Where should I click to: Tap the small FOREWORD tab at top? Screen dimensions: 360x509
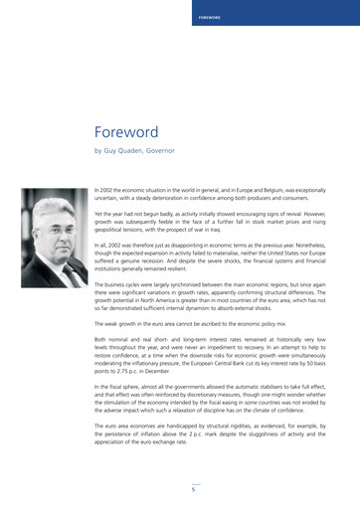click(210, 17)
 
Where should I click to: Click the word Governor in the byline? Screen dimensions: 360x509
click(160, 151)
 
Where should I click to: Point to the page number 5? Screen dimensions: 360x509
click(194, 489)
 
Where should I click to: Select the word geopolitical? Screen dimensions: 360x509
click(113, 228)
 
